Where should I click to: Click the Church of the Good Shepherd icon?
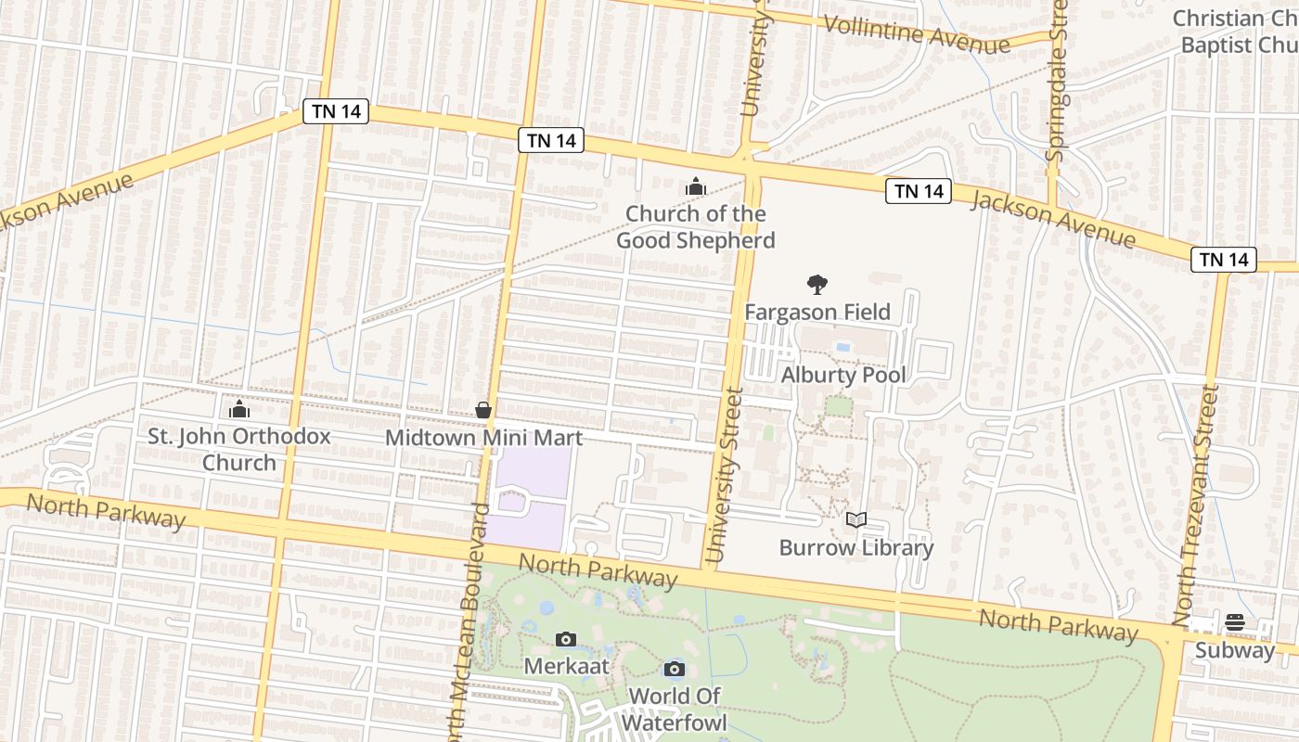696,187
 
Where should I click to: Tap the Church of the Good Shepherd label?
696,227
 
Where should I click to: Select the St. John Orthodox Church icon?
239,408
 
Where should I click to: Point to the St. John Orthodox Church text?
239,449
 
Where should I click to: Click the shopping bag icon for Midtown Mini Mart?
483,410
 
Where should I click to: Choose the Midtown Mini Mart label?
483,438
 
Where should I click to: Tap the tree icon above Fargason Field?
817,285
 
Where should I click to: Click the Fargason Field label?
817,313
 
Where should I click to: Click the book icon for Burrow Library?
856,520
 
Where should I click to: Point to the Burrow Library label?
856,547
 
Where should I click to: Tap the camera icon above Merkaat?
566,639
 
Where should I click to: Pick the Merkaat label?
567,666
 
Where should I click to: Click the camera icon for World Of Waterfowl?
675,669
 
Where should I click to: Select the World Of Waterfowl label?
675,709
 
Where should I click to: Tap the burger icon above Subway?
1235,622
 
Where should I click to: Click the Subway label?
1235,650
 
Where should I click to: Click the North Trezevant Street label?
1196,505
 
